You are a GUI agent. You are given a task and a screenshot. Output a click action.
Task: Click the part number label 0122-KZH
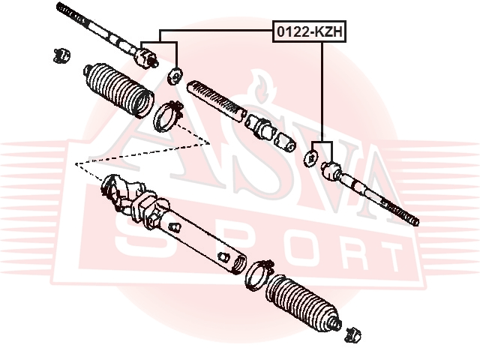(309, 31)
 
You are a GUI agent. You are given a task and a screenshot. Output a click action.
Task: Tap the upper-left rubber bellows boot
(118, 90)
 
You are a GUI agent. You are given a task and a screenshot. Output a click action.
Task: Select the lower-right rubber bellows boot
(303, 303)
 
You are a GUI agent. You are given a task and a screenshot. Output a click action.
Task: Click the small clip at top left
(61, 55)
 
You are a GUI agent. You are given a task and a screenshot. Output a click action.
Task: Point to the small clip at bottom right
(352, 335)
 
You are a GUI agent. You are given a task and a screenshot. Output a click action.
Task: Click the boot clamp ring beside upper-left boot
(168, 116)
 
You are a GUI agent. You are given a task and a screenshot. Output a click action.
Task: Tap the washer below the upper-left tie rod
(175, 76)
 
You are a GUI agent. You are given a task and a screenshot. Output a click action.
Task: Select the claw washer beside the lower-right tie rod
(312, 158)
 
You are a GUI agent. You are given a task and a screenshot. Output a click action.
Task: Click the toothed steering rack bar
(216, 100)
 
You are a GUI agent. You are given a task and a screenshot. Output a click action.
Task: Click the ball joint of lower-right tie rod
(331, 170)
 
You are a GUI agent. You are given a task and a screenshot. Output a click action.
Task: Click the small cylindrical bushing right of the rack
(285, 142)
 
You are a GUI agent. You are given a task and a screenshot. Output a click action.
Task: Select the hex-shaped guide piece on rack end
(259, 127)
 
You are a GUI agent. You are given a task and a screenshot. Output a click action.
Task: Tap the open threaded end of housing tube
(238, 262)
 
